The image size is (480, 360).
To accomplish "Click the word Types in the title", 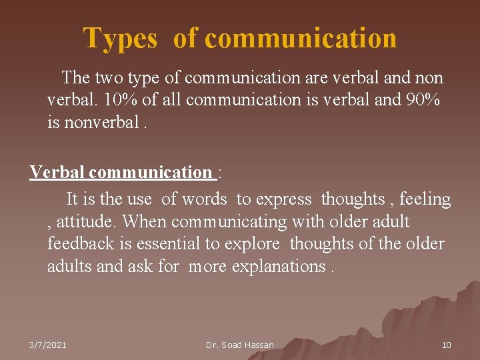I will click(120, 38).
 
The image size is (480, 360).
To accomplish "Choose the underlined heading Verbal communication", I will click(121, 172).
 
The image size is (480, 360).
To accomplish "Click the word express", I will click(283, 199).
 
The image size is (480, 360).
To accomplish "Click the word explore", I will click(254, 243).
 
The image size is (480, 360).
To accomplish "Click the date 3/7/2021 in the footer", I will click(47, 345).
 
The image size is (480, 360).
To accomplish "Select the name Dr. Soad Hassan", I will click(240, 345).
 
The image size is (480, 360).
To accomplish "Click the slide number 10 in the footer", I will click(446, 345).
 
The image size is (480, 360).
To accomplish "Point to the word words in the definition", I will click(204, 199).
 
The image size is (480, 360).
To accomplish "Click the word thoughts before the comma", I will click(353, 199).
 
